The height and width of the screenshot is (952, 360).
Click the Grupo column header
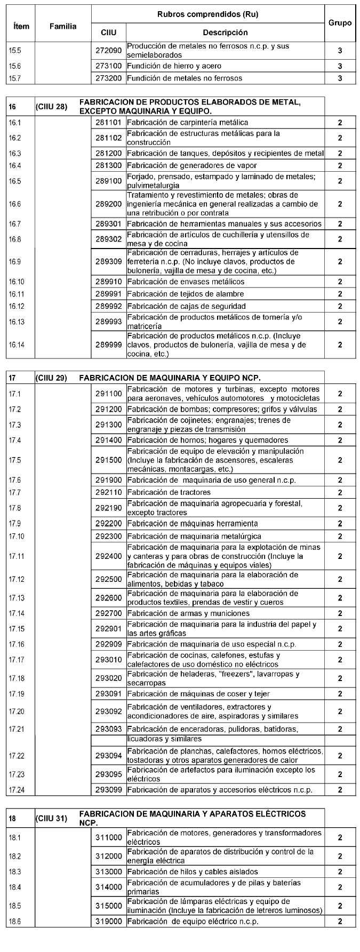(x=340, y=23)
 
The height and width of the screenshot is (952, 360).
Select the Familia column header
(x=63, y=26)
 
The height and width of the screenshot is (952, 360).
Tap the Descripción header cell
(x=225, y=33)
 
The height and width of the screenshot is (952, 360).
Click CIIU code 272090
(x=109, y=51)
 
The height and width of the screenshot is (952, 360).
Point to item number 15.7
(x=15, y=78)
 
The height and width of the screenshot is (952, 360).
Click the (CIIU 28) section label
(x=51, y=107)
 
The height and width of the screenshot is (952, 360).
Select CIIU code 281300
(x=109, y=165)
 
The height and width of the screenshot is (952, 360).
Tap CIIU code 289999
(x=109, y=345)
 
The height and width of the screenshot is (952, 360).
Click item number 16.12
(x=17, y=306)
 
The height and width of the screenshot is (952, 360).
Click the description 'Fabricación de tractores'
(x=169, y=492)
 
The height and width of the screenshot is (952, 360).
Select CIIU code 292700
(x=109, y=613)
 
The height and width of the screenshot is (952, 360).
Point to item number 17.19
(x=17, y=694)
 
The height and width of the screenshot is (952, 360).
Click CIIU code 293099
(x=109, y=790)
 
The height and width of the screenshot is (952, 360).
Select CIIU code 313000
(x=109, y=872)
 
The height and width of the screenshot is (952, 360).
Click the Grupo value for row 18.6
(x=340, y=922)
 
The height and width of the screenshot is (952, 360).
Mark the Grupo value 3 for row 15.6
(x=340, y=66)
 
